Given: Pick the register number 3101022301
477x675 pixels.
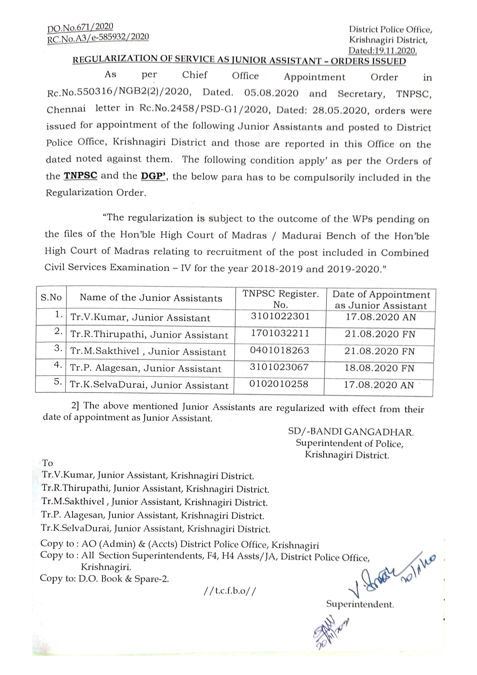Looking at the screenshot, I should point(280,316).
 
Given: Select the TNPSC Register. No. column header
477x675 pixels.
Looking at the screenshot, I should point(281,299).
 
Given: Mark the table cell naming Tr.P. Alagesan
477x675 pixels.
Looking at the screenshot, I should point(145,368).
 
